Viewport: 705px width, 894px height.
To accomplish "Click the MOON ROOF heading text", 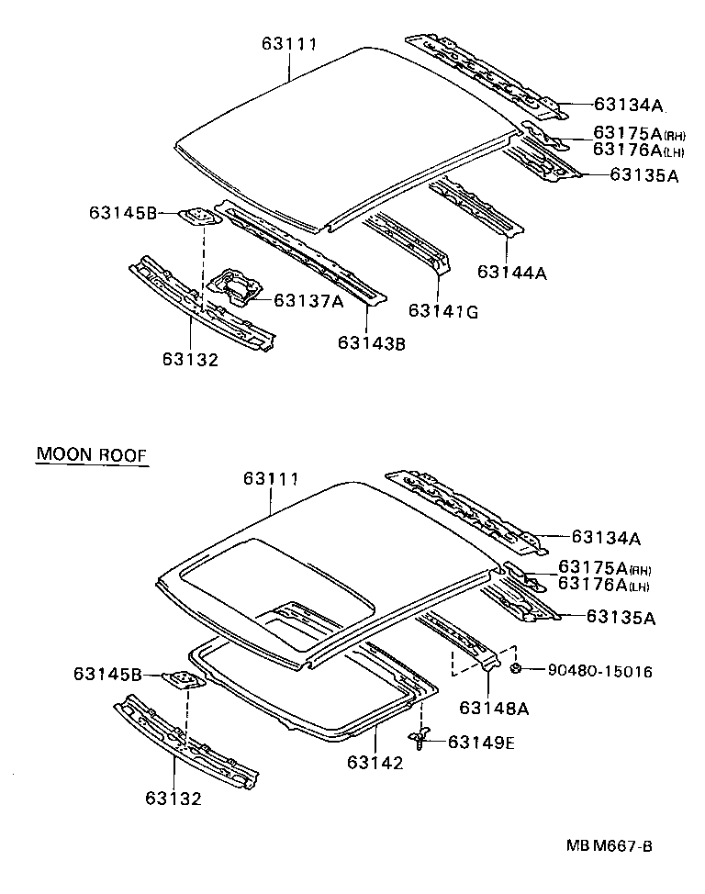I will (x=91, y=454).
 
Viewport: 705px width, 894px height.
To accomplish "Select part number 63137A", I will (x=309, y=300).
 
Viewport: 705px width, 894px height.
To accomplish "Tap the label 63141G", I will (x=443, y=312).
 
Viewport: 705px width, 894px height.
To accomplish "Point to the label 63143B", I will (x=371, y=343).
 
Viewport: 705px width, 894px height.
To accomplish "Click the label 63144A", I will (x=512, y=272).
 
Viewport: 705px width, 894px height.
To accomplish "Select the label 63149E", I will (x=481, y=743).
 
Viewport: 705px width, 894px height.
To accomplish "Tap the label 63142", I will (x=375, y=763).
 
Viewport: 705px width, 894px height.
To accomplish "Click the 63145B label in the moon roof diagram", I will (x=107, y=675).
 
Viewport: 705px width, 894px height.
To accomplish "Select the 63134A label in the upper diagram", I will (x=628, y=105).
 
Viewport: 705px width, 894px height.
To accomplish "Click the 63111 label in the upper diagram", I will (x=288, y=43).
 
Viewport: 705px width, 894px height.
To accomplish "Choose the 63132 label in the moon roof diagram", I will (x=173, y=799).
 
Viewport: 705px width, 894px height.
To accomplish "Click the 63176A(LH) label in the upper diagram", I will (x=638, y=150).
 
